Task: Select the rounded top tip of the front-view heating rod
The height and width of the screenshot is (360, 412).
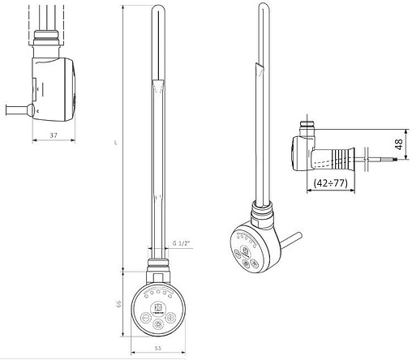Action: (157, 10)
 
